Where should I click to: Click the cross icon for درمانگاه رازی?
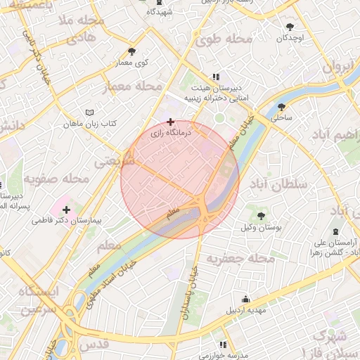coord(170,122)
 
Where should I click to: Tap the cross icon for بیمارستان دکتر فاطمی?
coord(67,210)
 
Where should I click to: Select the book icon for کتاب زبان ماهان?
coord(89,112)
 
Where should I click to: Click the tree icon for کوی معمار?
coord(132,51)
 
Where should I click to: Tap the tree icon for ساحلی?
coord(282,108)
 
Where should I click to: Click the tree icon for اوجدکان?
coord(290,27)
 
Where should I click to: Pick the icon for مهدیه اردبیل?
coord(245,299)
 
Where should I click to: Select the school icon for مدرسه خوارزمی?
coord(223,345)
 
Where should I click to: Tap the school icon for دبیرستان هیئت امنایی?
coord(215,77)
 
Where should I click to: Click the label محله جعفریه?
coord(239,259)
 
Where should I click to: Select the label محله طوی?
coord(224,39)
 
